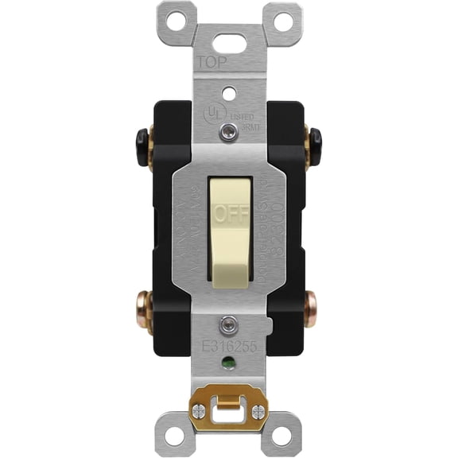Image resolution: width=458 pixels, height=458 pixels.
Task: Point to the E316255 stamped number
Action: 229,347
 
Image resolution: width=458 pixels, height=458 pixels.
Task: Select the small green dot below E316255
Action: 229,367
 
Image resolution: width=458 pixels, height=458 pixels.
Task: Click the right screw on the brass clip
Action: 258,413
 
